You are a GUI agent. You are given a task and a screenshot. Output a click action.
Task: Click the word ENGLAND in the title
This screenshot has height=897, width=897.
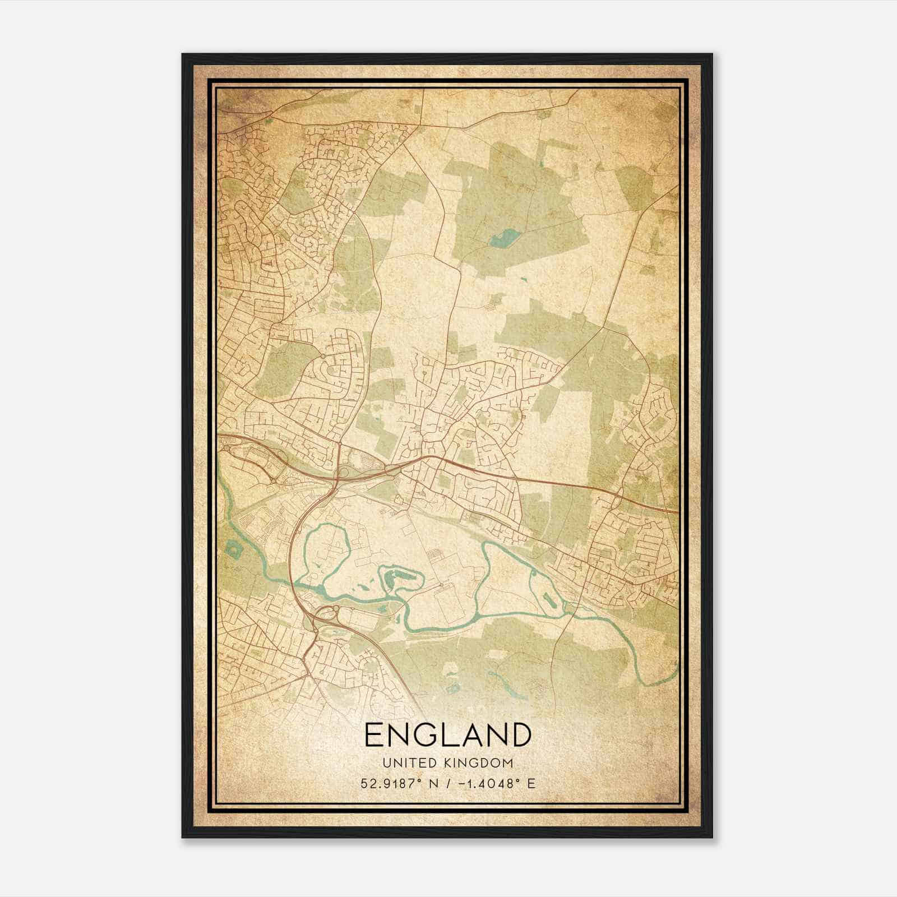click(x=447, y=735)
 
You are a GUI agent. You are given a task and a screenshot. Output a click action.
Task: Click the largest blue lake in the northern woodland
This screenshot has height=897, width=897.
click(x=503, y=239)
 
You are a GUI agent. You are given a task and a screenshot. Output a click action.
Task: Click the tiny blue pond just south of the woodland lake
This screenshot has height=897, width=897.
click(x=524, y=279)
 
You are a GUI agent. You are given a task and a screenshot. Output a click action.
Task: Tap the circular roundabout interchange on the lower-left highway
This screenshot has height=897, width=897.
click(x=326, y=612)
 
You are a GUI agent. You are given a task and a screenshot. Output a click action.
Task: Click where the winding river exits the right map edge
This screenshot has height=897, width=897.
click(x=677, y=667)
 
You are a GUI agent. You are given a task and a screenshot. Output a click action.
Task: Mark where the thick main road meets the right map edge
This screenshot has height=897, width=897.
click(x=677, y=510)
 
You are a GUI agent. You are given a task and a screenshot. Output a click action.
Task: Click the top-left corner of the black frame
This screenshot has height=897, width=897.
click(x=183, y=55)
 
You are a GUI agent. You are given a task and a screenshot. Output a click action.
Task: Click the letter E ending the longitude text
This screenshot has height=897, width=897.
click(x=531, y=783)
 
